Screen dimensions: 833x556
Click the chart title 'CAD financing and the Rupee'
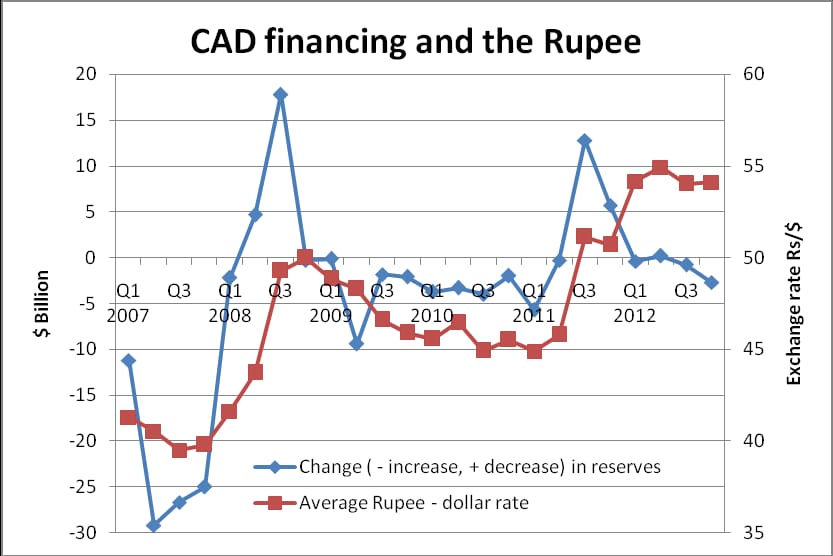point(415,41)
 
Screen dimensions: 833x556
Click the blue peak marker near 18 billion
point(280,95)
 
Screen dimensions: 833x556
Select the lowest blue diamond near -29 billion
point(154,526)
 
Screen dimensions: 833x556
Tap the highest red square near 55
point(660,168)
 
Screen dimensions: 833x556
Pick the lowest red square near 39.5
point(179,450)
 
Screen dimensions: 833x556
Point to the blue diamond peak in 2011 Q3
point(584,141)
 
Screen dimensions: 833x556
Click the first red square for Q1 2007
point(128,417)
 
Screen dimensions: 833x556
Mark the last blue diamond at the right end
point(711,283)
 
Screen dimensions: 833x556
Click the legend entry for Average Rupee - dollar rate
point(391,502)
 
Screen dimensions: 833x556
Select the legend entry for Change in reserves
point(457,467)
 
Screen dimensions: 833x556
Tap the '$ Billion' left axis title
point(41,303)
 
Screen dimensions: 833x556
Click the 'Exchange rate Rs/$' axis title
point(793,303)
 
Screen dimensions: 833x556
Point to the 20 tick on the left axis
point(86,74)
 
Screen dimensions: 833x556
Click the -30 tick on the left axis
point(82,532)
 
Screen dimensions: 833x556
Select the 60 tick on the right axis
point(753,74)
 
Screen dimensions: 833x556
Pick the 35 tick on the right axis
point(753,532)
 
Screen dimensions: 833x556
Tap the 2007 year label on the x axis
point(128,316)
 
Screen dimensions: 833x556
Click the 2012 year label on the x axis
point(635,316)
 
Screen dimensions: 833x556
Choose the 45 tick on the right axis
point(753,349)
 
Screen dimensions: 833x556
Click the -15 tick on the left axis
point(82,395)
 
